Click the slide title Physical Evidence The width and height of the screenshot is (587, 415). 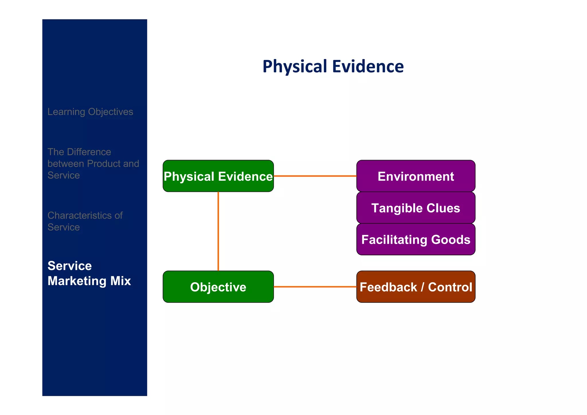click(x=333, y=66)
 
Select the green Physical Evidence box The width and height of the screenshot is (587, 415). click(x=218, y=176)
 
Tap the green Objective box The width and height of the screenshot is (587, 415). click(x=218, y=287)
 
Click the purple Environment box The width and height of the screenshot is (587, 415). click(x=416, y=176)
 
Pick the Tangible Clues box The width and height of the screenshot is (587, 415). click(x=416, y=208)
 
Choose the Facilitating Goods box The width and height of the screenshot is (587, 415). click(x=416, y=239)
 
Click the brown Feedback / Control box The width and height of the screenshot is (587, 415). click(x=416, y=287)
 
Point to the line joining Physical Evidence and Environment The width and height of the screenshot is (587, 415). click(x=315, y=176)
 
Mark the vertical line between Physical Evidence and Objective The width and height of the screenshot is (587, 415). click(x=218, y=231)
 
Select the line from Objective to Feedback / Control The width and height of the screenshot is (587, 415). click(x=315, y=287)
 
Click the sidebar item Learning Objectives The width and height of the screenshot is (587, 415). click(x=90, y=112)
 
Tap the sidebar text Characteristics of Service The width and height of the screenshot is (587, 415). click(x=85, y=221)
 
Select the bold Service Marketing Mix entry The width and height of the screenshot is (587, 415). click(x=89, y=273)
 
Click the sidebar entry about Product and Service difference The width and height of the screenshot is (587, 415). click(x=93, y=163)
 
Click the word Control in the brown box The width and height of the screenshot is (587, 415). click(x=450, y=287)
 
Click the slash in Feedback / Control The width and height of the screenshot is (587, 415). click(x=422, y=287)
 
